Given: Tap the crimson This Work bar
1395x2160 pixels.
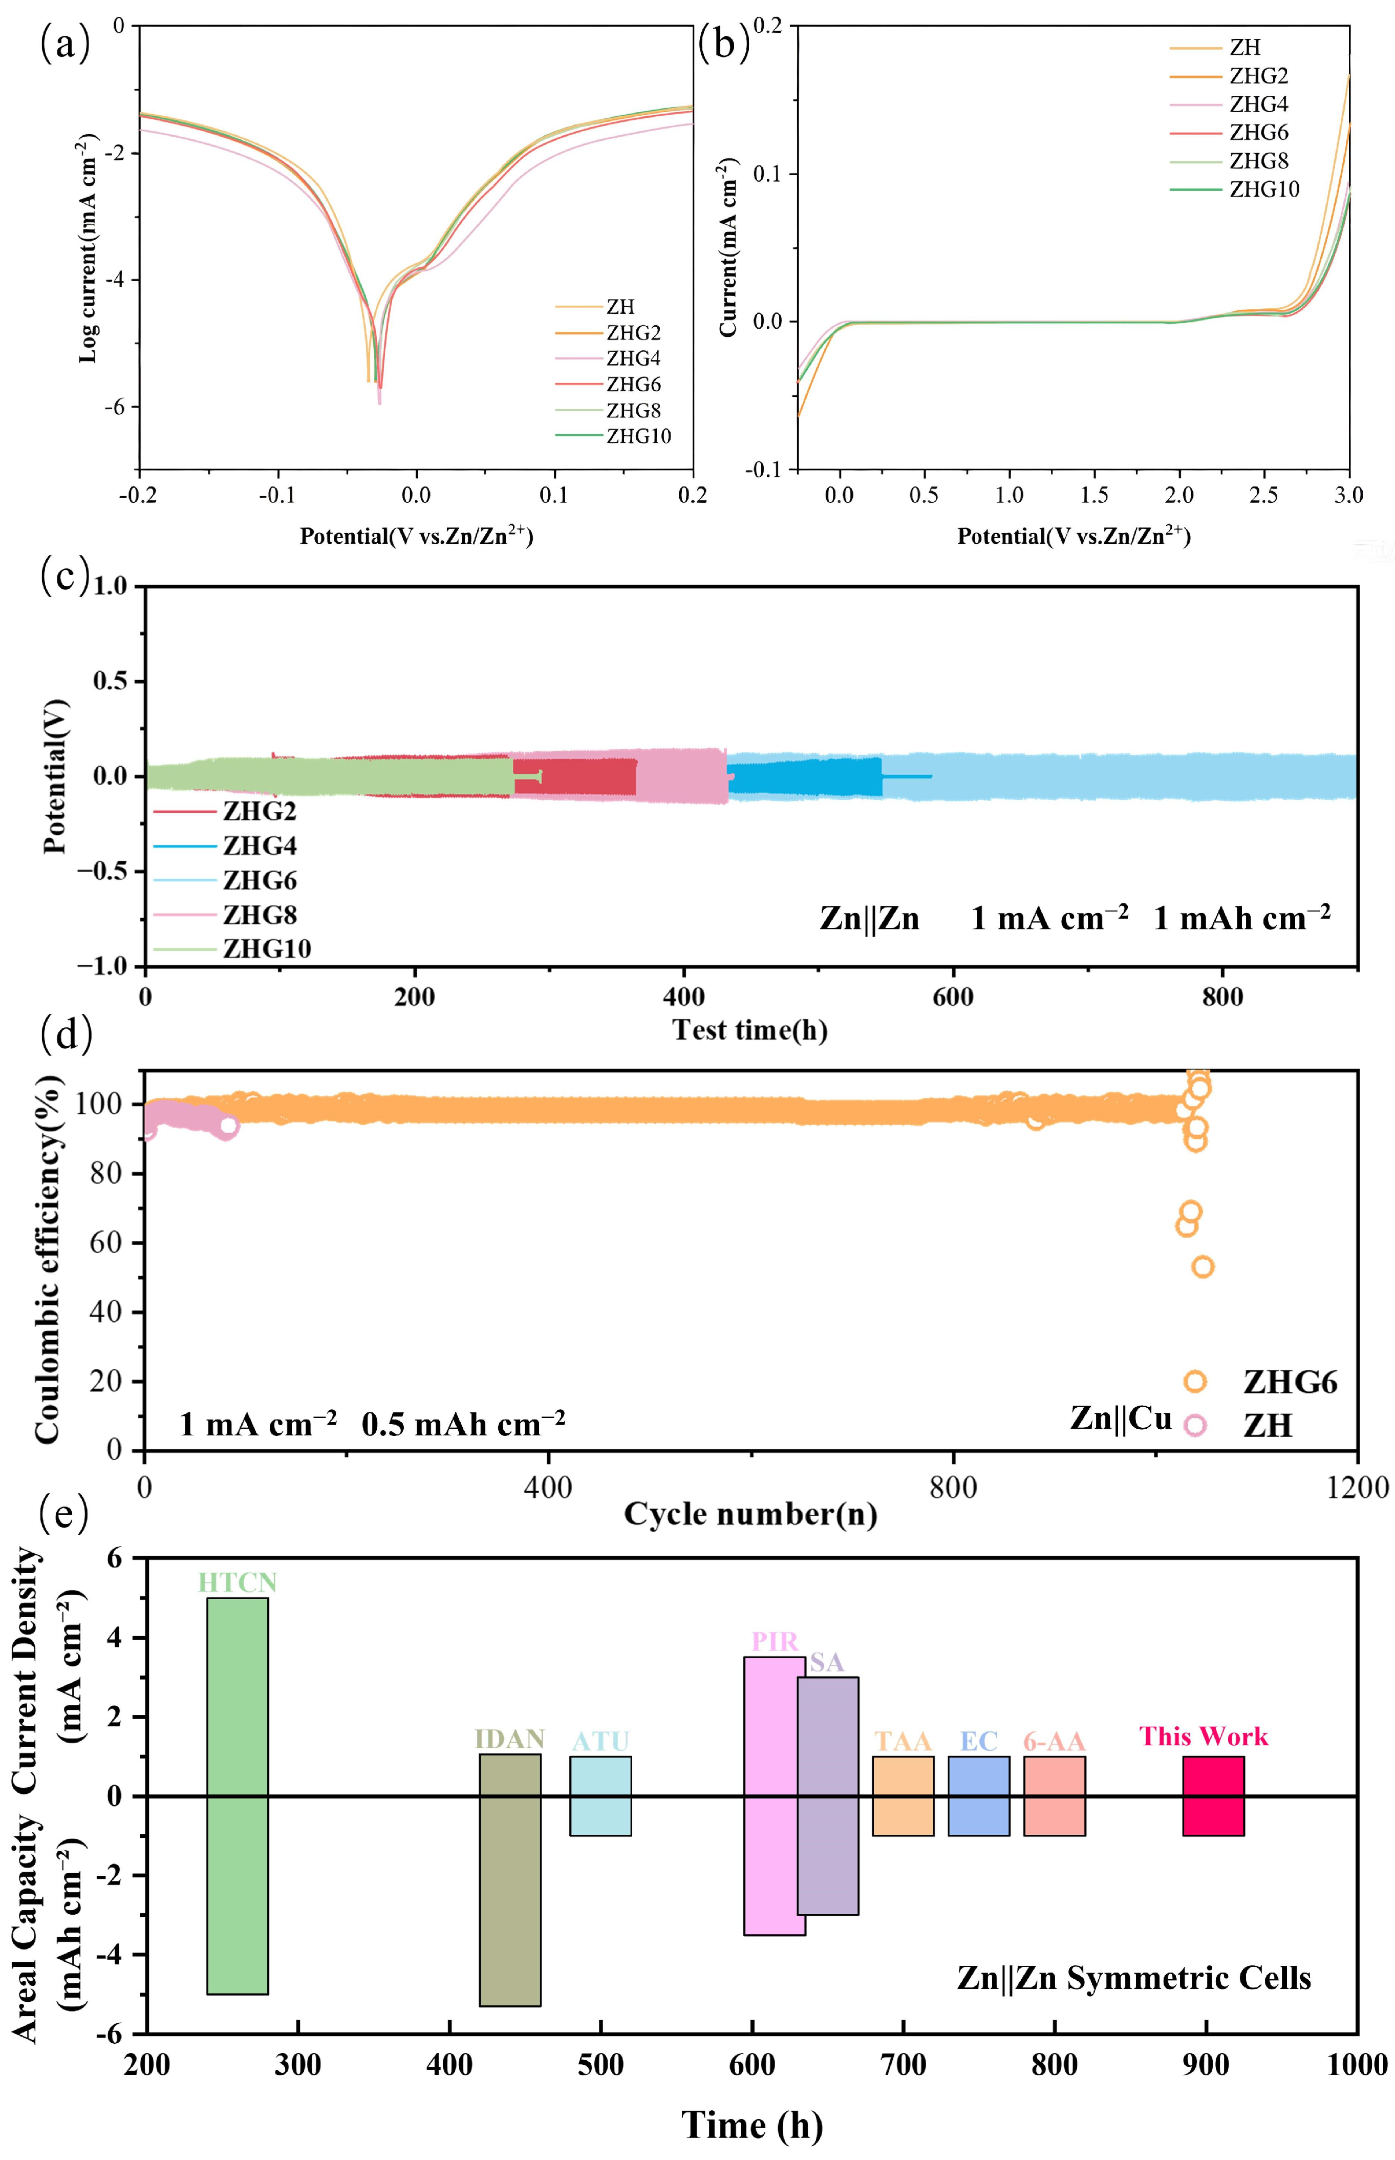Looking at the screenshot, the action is (x=1213, y=1796).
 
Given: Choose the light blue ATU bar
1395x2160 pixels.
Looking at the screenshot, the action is (x=600, y=1796).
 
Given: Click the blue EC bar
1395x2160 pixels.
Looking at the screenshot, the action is (x=979, y=1796).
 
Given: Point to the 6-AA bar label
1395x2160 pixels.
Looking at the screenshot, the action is (x=1055, y=1742).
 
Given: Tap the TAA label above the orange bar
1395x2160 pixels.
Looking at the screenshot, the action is (x=903, y=1742).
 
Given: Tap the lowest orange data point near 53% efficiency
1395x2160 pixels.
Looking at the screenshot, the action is (x=1202, y=1266).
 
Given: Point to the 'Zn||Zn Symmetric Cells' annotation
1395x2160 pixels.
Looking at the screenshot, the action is (x=1134, y=1978).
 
